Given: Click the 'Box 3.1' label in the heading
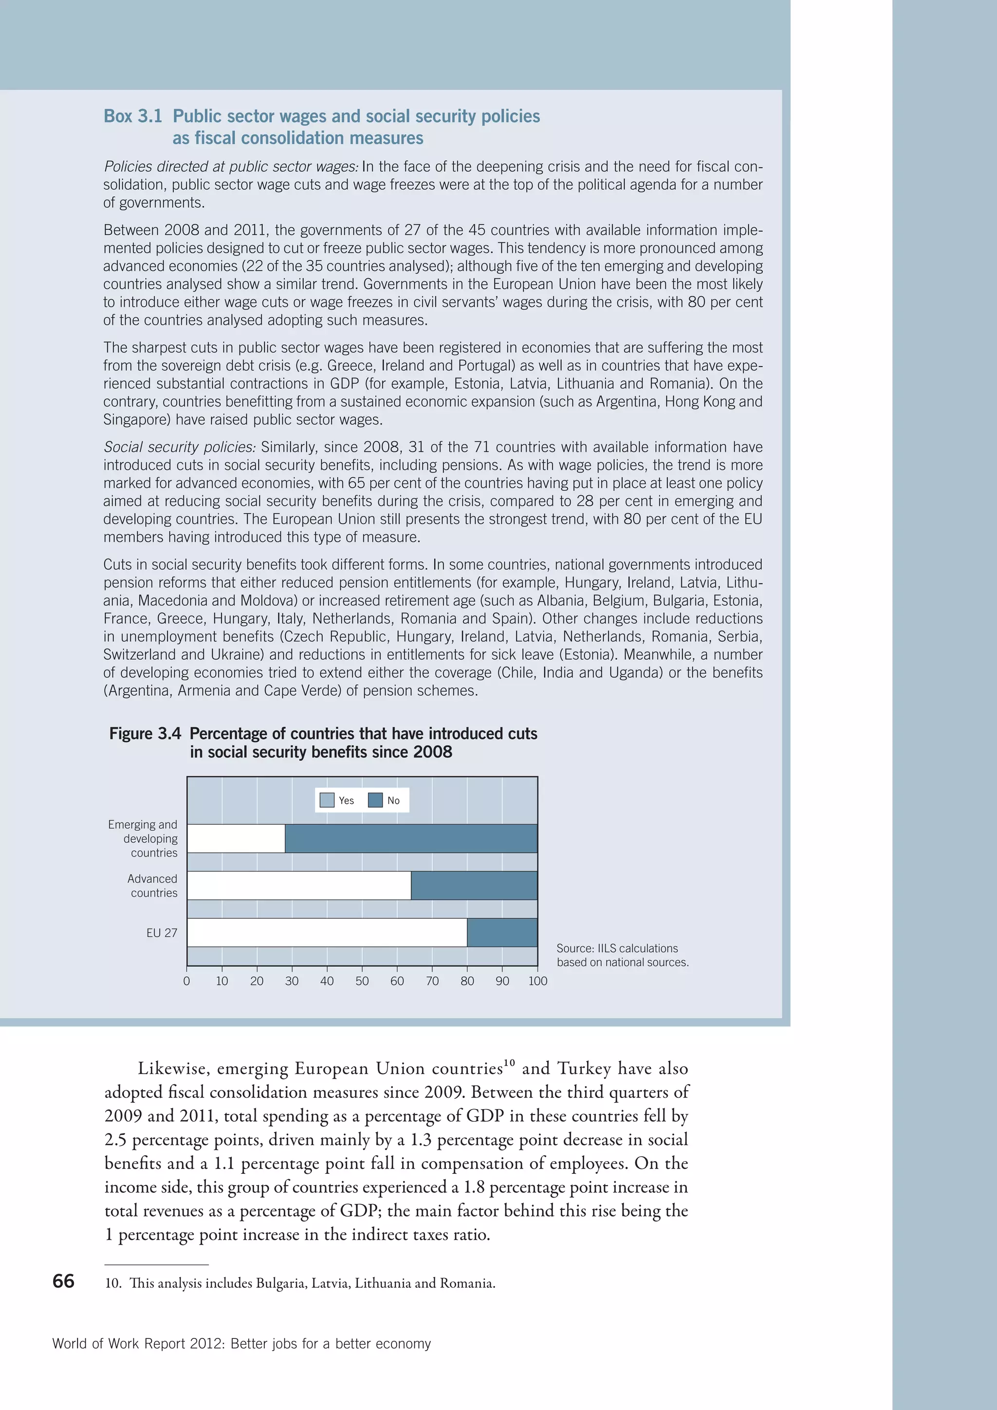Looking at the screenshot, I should coord(132,116).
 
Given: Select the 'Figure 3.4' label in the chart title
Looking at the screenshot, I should coord(145,734).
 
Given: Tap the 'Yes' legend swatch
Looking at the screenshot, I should coord(327,800).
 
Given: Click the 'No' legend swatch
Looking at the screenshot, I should coord(375,800).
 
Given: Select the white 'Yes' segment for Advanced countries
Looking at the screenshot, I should coord(299,886).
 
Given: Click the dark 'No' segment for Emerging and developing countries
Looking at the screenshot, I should coord(411,838).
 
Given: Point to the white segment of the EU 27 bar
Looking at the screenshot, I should coord(327,932).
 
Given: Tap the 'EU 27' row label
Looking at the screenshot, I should coord(162,933).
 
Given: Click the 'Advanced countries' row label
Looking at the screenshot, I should coord(153,886).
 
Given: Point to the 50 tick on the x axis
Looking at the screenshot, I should coord(362,981).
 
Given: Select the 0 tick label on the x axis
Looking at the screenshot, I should coord(186,981).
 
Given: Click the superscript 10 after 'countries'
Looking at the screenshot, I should coord(509,1063).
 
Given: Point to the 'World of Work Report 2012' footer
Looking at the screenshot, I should coord(241,1344).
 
